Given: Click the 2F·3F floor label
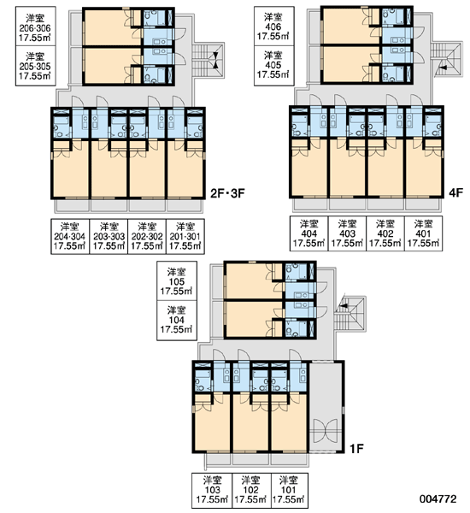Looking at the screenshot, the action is (x=227, y=193).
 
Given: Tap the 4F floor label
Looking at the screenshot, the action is (x=455, y=192).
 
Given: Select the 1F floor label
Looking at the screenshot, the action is (x=356, y=449).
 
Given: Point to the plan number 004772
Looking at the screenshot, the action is (x=438, y=498).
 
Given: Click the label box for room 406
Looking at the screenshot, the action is (x=273, y=27).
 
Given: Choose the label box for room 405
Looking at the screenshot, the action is (x=273, y=66).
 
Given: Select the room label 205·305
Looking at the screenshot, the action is (x=35, y=66).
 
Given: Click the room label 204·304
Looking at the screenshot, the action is (x=70, y=236).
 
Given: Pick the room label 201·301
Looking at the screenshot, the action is (x=185, y=236).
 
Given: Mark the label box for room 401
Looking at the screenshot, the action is (x=423, y=233).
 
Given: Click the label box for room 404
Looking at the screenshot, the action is (x=308, y=233).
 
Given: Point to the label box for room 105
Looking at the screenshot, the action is (x=177, y=281).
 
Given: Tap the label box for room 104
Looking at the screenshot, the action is (x=177, y=321).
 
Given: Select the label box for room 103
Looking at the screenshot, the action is (x=212, y=490).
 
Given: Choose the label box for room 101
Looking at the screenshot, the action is (x=289, y=490).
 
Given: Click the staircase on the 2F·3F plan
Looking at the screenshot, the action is (x=208, y=60).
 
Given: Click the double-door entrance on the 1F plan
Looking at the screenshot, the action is (x=325, y=430).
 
